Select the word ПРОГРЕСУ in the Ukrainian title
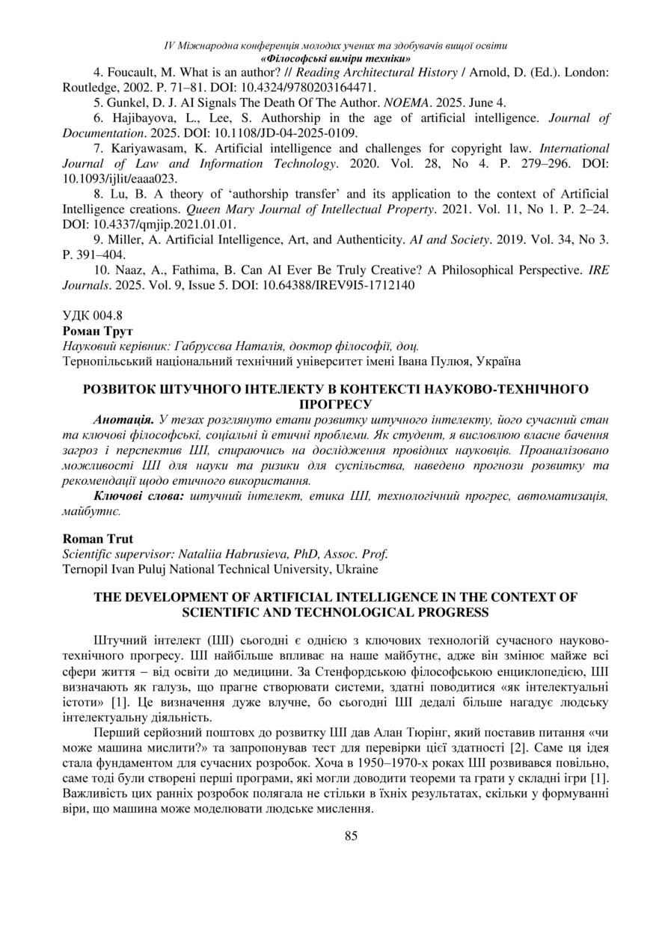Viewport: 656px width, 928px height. (x=328, y=405)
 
